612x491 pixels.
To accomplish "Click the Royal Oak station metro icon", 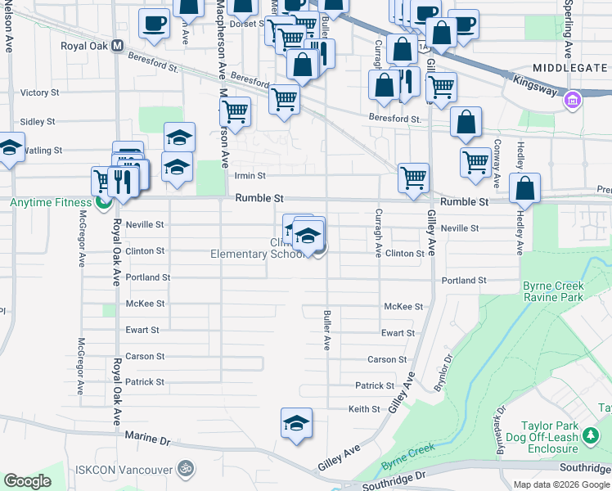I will (x=118, y=46).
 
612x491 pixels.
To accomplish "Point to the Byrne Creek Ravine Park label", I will (x=554, y=292).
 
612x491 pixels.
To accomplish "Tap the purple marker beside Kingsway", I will (x=572, y=100).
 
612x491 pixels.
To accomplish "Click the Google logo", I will (x=28, y=481).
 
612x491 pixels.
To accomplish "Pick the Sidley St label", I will (x=37, y=121).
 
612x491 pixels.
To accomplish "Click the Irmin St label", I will (x=250, y=175).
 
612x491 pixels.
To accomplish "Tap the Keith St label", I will (x=364, y=408).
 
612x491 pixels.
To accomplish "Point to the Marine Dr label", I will (x=147, y=439).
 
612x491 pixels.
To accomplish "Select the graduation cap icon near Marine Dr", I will (x=297, y=423).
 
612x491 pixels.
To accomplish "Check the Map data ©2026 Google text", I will (x=561, y=484).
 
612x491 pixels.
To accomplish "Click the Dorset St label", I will (x=244, y=24).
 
